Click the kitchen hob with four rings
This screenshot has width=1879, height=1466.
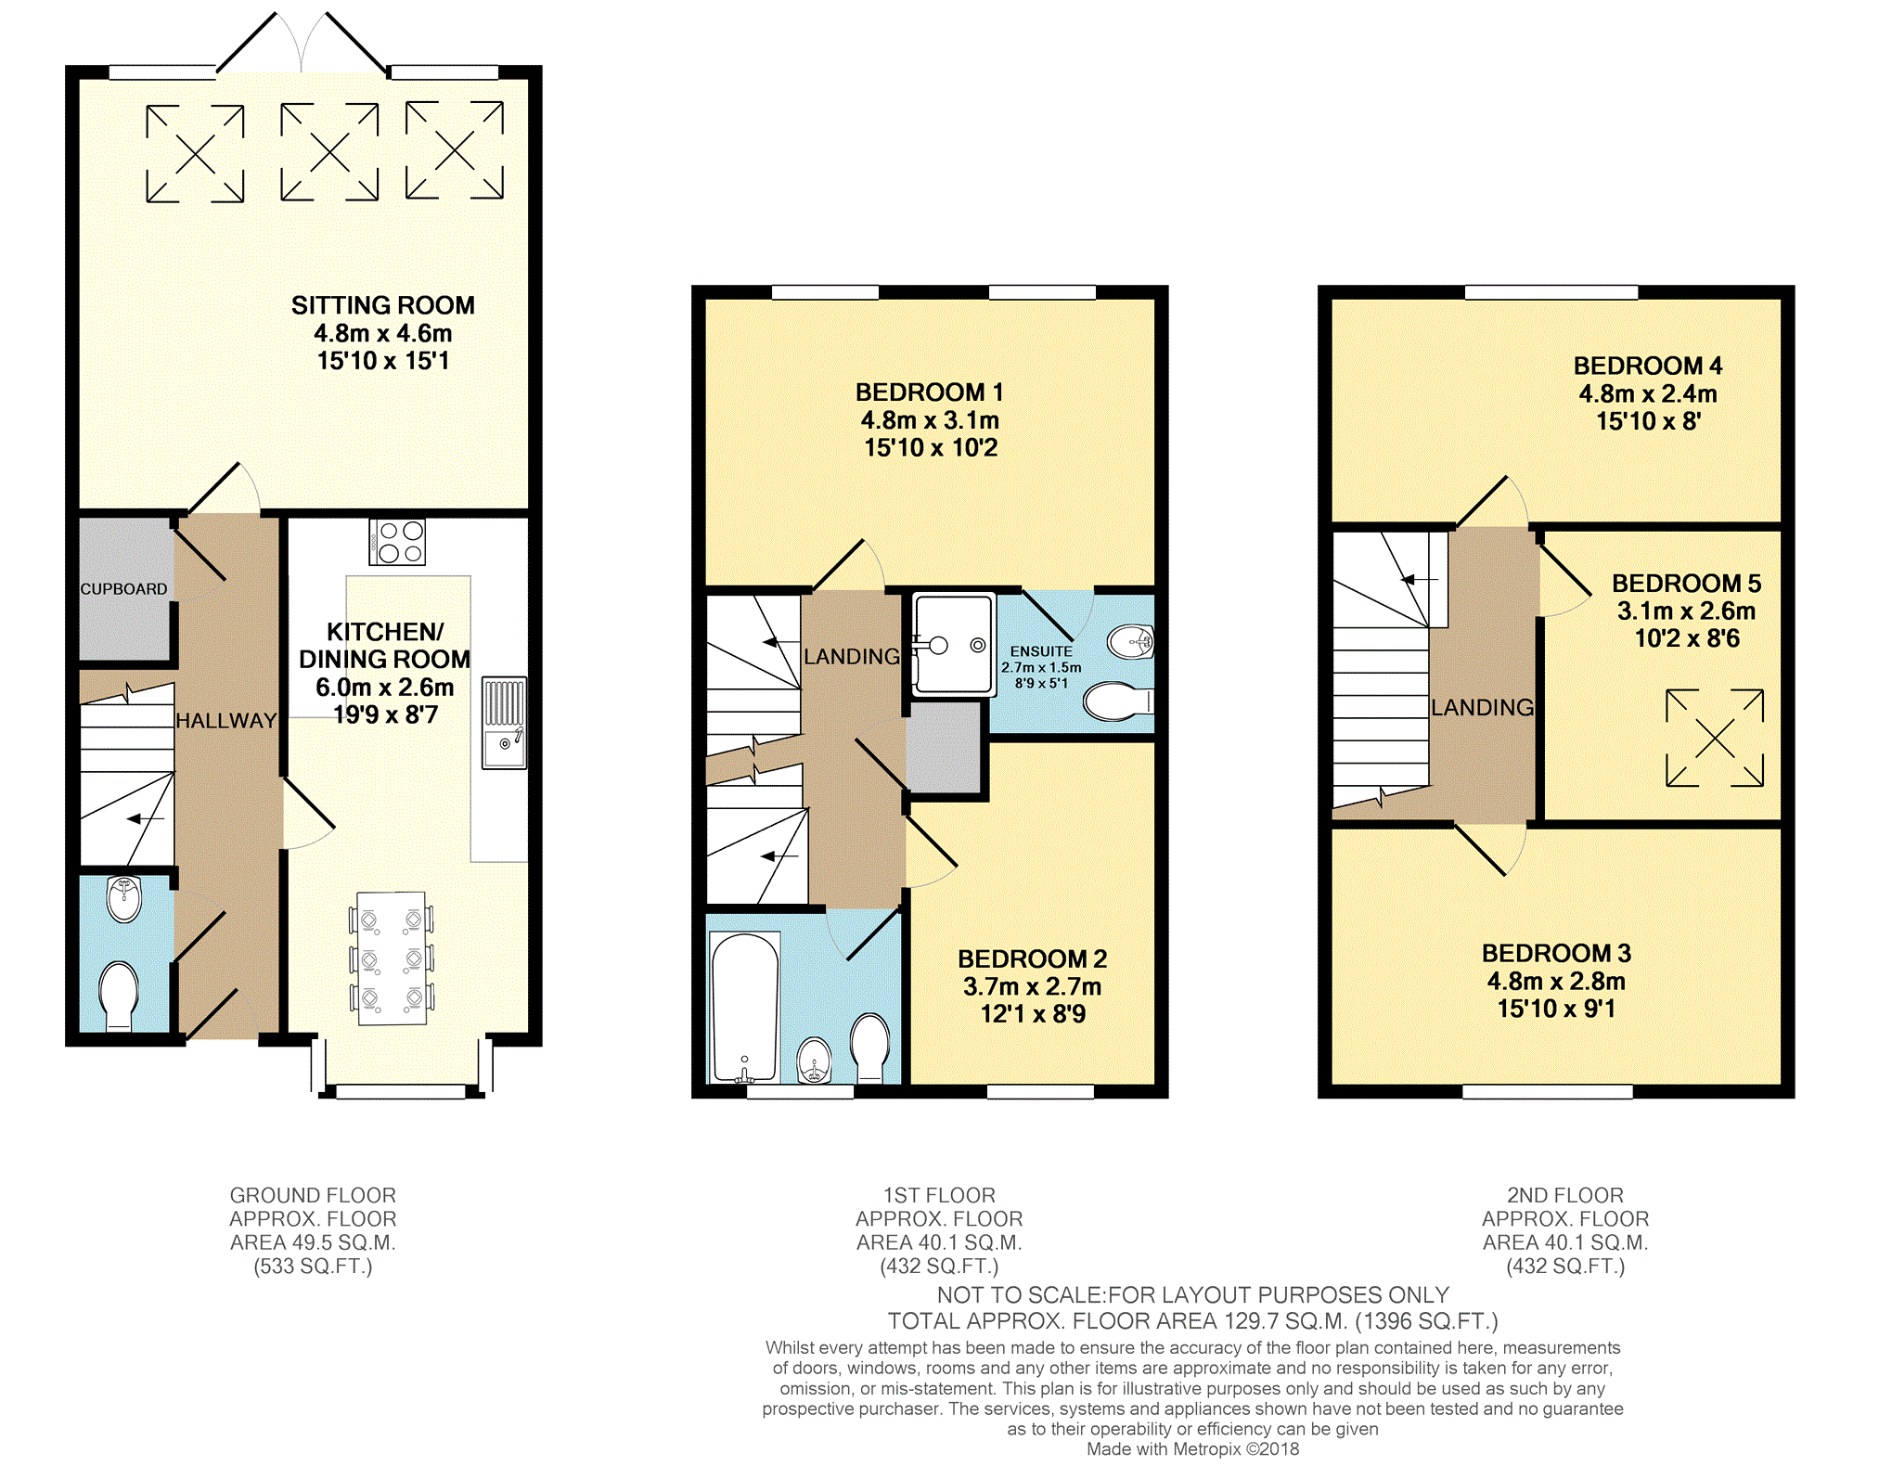point(397,542)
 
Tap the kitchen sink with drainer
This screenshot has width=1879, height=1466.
point(504,722)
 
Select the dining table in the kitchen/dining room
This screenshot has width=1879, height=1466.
point(392,958)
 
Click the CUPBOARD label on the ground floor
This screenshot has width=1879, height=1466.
point(123,589)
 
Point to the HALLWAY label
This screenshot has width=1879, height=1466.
point(226,720)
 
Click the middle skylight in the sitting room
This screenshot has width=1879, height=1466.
point(329,151)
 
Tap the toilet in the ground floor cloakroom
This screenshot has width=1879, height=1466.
point(119,997)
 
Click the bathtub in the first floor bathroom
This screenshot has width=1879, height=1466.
point(744,1008)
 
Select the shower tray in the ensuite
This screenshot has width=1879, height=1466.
point(954,644)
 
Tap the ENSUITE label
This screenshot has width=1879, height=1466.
point(1041,651)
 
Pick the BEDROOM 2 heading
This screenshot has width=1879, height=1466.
point(1033,958)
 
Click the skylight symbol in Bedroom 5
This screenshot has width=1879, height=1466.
point(1715,738)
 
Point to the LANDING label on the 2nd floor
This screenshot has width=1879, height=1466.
point(1482,708)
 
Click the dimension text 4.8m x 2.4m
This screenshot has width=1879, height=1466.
point(1648,393)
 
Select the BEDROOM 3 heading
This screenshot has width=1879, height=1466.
point(1556,953)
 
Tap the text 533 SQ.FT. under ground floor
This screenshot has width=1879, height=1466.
point(314,1267)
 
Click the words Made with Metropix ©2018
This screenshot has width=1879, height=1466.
point(1193,1449)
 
